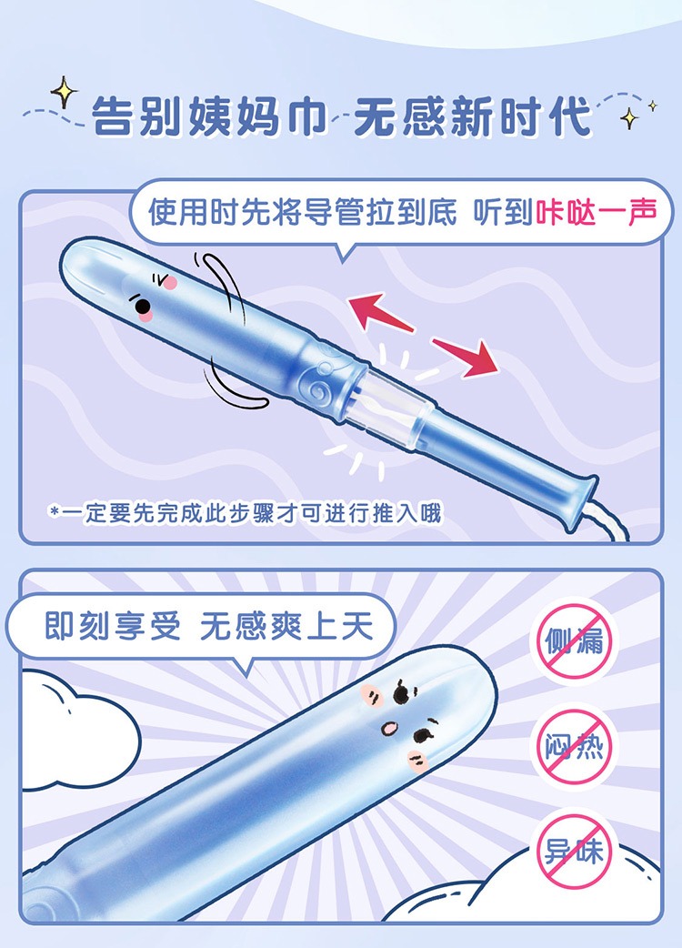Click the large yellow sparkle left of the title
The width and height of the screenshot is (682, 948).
64,93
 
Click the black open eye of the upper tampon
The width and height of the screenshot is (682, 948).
143,307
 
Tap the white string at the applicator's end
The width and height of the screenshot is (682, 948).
607,521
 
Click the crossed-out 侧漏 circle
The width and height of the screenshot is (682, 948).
575,640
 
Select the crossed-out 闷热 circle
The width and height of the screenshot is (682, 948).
575,745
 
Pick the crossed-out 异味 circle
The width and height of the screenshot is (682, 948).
575,851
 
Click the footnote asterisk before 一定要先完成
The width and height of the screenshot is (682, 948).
55,513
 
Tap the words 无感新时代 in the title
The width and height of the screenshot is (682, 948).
473,116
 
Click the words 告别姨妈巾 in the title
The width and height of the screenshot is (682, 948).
209,116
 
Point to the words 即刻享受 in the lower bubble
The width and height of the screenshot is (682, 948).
113,626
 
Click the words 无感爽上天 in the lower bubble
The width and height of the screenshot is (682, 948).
287,626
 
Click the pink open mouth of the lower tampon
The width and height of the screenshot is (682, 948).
389,729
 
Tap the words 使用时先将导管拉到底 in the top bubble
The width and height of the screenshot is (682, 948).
303,212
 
